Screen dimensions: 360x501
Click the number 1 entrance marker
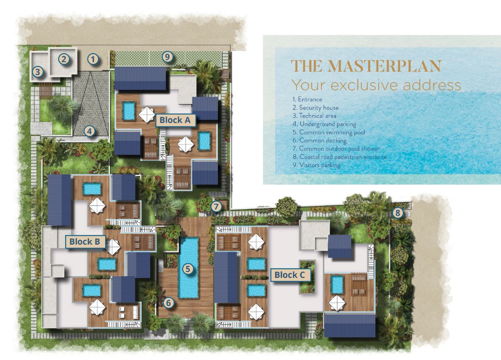click(93, 59)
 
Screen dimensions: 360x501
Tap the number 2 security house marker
click(64, 59)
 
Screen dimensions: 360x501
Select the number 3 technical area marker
click(38, 72)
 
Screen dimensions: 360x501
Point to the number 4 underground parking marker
click(89, 131)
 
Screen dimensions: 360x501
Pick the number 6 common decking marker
click(168, 302)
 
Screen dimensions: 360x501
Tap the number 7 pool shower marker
click(216, 207)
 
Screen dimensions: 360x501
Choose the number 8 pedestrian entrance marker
click(397, 213)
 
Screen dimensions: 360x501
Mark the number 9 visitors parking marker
click(167, 56)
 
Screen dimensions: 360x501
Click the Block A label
click(175, 120)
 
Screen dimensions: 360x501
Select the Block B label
click(85, 242)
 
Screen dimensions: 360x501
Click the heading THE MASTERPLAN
click(366, 67)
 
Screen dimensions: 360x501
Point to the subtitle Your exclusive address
click(376, 85)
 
